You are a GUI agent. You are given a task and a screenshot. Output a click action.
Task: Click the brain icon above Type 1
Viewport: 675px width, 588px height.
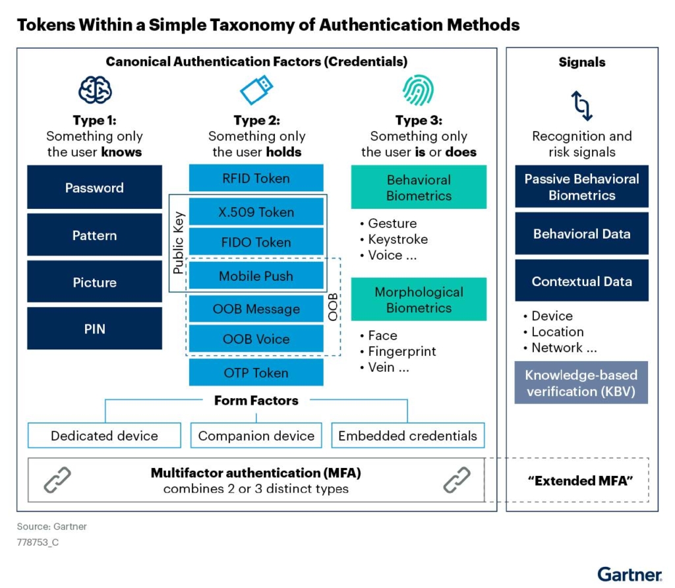[95, 90]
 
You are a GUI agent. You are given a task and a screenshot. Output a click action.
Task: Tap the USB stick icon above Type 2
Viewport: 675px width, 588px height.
[256, 90]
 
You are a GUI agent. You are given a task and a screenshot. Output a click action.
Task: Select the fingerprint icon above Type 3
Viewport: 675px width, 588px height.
[418, 90]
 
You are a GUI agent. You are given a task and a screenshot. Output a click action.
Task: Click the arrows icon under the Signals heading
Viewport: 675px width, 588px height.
[581, 105]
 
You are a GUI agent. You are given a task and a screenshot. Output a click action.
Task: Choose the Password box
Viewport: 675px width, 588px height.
[95, 187]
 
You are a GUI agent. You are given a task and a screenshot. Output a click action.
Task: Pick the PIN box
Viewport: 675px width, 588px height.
[95, 328]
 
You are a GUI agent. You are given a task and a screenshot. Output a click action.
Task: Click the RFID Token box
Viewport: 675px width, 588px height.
[256, 178]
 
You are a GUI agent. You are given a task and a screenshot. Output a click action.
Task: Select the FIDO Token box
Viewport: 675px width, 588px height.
[256, 242]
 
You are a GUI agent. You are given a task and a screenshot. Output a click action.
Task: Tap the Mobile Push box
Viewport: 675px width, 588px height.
[256, 276]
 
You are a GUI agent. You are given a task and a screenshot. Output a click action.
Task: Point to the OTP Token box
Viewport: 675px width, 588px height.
[256, 372]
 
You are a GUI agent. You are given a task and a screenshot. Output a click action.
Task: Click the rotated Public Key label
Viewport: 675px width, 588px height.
[178, 243]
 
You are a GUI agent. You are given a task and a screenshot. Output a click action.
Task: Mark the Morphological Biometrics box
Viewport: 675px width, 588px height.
[419, 299]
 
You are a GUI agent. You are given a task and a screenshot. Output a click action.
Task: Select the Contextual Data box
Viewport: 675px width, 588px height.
[581, 281]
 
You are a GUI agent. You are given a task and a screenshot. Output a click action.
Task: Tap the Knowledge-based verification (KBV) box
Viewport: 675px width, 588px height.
[581, 383]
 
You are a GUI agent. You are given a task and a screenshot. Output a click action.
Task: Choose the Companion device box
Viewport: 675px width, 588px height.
[256, 436]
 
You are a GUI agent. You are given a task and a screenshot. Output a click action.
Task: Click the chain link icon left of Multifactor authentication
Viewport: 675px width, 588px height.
[57, 479]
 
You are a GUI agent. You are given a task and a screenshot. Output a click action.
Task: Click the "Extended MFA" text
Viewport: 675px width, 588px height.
[580, 481]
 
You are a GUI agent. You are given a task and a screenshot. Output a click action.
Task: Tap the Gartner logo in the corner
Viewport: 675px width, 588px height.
[630, 575]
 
